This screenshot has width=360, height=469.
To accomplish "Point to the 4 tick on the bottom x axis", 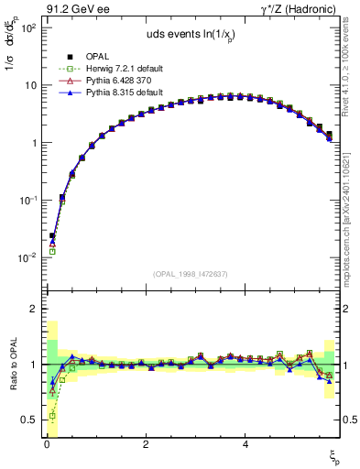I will (x=245, y=443).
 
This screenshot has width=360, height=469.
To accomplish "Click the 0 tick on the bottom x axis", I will (x=46, y=443).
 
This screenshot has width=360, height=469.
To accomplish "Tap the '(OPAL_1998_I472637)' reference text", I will (x=191, y=274).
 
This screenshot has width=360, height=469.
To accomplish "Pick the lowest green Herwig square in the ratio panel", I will (x=52, y=416).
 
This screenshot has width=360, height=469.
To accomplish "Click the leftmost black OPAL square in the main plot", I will (x=52, y=235).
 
